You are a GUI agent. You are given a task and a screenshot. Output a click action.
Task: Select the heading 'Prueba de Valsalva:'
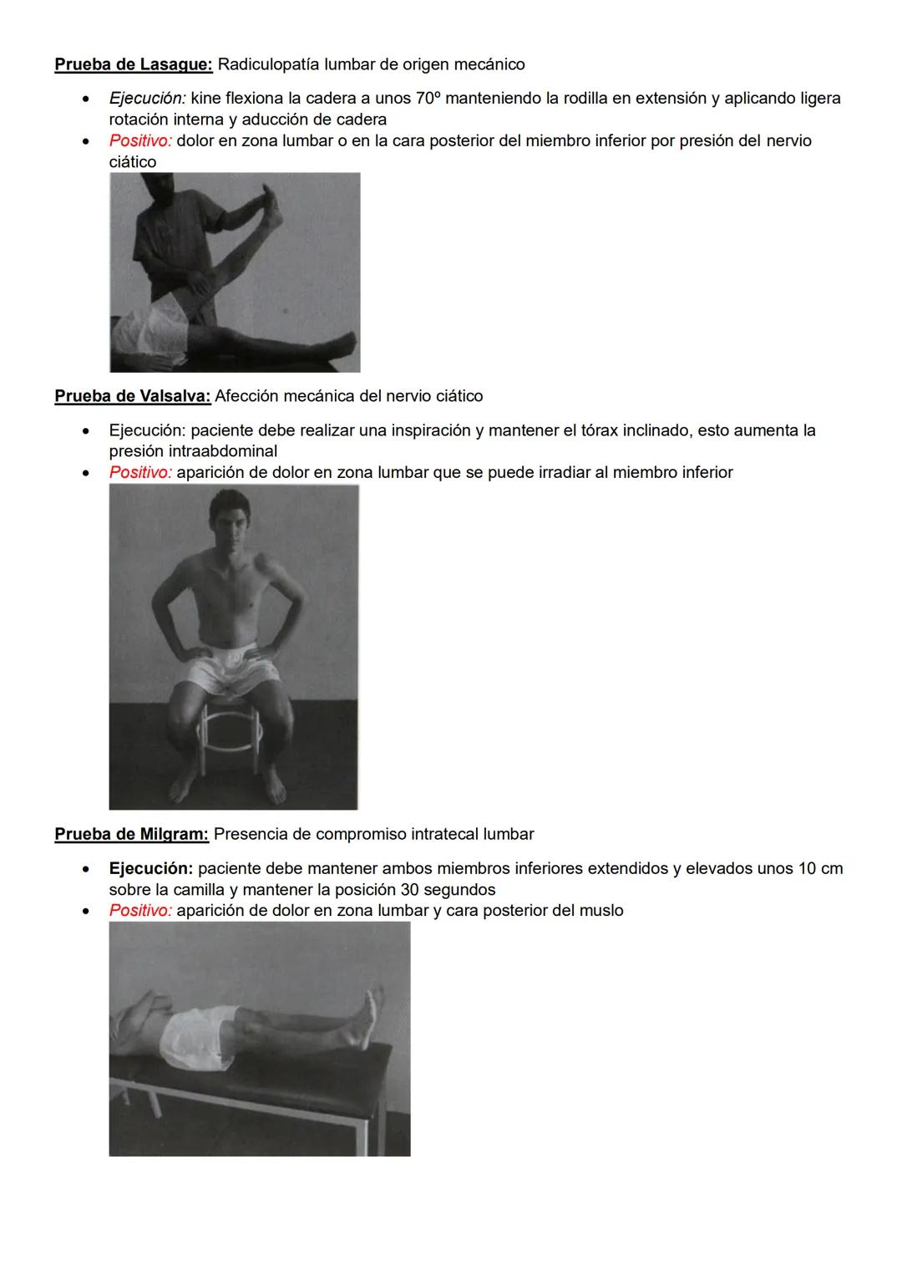(133, 396)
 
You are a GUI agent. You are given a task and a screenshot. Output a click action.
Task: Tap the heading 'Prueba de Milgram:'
(132, 834)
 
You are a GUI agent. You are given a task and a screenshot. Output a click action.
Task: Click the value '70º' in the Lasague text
(428, 99)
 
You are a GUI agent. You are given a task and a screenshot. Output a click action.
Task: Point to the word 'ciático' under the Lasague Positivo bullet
(133, 162)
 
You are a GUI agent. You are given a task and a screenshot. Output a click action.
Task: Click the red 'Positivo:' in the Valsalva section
(140, 473)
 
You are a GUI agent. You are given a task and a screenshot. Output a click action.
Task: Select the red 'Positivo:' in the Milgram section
(140, 911)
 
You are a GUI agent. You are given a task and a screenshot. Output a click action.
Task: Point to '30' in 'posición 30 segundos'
(409, 890)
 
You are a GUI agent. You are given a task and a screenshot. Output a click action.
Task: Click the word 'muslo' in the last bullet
(601, 911)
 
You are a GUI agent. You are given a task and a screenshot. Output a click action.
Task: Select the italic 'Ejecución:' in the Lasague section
(147, 99)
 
